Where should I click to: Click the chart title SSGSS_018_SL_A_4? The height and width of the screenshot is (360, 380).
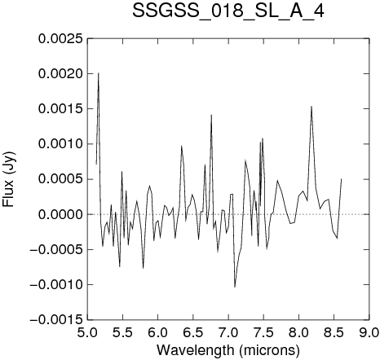pos(228,11)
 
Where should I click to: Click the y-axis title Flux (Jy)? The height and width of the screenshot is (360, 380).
pos(8,179)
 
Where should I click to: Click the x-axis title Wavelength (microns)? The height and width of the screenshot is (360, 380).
pos(228,350)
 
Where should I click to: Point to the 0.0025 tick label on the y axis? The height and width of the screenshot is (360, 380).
pos(60,38)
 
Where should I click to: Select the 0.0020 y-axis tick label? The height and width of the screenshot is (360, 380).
pos(60,74)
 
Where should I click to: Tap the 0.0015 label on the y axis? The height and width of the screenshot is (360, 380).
pos(60,109)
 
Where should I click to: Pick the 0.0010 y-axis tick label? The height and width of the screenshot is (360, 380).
pos(60,144)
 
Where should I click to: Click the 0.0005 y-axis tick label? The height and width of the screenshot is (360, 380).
pos(60,179)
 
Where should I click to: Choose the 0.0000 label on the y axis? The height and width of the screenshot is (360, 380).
pos(60,214)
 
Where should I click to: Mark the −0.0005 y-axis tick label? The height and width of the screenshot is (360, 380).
pos(56,249)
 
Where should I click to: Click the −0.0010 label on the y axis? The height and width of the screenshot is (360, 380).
pos(56,285)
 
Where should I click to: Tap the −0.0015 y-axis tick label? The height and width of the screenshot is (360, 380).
pos(56,320)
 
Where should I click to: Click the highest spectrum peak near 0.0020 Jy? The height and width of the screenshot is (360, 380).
pos(99,73)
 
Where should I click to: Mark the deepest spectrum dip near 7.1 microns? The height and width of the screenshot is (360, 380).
pos(235,287)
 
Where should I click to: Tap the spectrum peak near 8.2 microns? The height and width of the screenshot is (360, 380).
pos(312,107)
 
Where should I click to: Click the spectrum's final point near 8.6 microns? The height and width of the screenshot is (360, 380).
pos(342,179)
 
